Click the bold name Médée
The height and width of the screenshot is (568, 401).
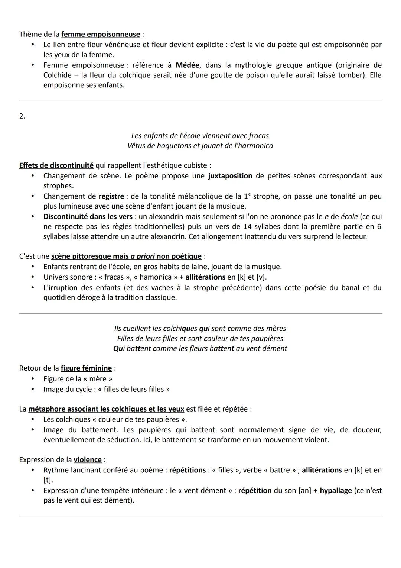[x=188, y=65]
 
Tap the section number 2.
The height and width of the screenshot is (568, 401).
[x=22, y=116]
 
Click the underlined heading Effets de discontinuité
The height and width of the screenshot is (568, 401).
[x=56, y=165]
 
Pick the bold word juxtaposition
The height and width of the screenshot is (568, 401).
[x=230, y=176]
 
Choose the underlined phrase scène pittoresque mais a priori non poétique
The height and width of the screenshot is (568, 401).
[x=126, y=256]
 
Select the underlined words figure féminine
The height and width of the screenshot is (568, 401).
[x=86, y=368]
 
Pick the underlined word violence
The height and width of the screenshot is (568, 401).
[x=88, y=460]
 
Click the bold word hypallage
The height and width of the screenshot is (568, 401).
[x=336, y=491]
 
